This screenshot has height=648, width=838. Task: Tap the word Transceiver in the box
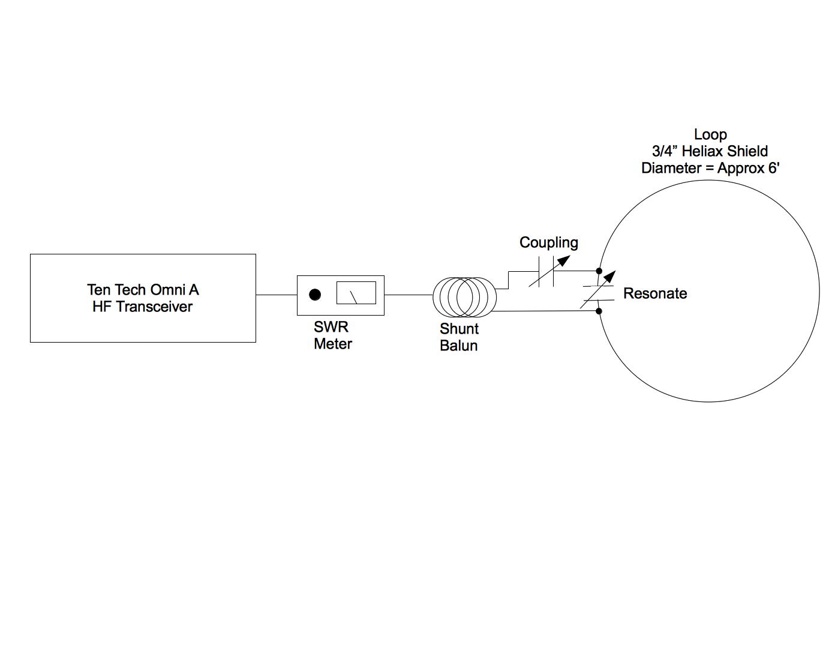point(154,307)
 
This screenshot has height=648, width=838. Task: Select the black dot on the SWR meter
point(315,295)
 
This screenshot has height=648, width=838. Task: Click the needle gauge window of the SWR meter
point(356,293)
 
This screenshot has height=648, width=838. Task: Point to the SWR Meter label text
point(332,335)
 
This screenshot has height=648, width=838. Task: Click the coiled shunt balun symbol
point(464,296)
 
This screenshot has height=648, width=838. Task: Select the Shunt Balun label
point(459,337)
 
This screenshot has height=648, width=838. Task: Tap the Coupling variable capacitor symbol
point(546,272)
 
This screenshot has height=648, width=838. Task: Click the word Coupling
point(548,242)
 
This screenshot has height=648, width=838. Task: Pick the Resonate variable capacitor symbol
point(598,292)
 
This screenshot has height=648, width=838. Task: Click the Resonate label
point(655,293)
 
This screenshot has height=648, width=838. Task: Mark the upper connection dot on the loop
point(599,271)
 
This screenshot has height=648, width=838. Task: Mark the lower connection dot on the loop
point(599,311)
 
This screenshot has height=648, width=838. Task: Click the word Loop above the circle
point(710,134)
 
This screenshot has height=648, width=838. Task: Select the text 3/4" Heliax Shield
point(710,151)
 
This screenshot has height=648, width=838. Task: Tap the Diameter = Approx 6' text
point(710,168)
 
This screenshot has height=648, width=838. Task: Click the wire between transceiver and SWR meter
point(276,295)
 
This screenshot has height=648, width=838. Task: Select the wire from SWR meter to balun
point(408,295)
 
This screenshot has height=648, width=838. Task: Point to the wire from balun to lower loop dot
point(546,311)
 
